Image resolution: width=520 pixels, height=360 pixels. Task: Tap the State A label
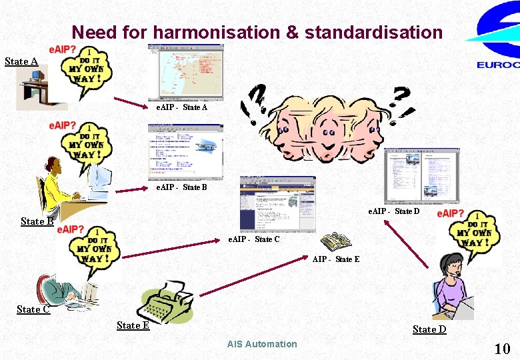21,61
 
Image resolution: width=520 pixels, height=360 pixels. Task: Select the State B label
37,221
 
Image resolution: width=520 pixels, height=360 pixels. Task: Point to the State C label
33,309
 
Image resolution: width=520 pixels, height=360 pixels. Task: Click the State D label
429,329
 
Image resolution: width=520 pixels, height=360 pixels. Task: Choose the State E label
133,325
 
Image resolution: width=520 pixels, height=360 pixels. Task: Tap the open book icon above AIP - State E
335,243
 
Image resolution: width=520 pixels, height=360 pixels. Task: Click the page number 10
502,348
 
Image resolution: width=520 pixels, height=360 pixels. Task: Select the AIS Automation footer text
262,344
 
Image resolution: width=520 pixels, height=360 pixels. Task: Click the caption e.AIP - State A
182,107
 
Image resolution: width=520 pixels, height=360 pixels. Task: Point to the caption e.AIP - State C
254,239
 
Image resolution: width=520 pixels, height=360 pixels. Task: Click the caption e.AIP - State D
394,212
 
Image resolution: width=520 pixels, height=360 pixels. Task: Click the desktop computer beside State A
34,87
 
